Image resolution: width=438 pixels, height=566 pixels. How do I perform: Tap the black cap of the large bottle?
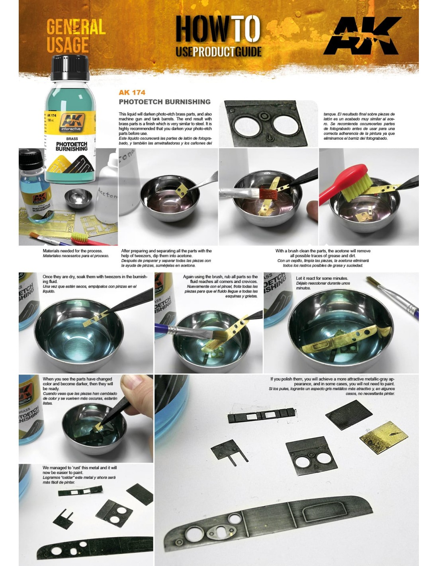coord(70,67)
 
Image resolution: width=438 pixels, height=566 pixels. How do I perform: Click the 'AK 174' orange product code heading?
coord(132,92)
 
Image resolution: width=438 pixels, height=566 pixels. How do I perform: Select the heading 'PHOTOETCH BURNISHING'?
coord(164,102)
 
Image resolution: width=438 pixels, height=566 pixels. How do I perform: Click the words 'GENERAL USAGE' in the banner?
coord(76,36)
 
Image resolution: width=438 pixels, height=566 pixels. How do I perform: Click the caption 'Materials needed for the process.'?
coord(73,251)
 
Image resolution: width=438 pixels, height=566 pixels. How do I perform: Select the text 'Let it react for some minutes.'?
coord(322,278)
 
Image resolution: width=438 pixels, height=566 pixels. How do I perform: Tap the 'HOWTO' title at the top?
coord(218,28)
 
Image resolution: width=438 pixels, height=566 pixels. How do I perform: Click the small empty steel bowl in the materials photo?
coord(78,199)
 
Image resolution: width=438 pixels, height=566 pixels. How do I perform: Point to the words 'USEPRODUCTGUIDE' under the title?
coord(218,52)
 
